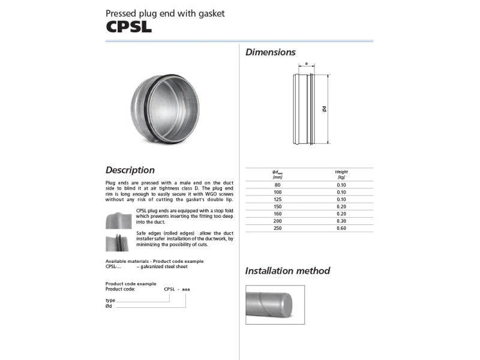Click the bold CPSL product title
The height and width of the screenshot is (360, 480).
pos(128,27)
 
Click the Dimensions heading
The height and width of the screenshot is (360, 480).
pos(270,52)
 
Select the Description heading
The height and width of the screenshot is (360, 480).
pos(130,170)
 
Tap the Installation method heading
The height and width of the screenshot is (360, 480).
pos(287,271)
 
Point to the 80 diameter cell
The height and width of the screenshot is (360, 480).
pos(277,185)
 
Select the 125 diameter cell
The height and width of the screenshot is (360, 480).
pos(277,199)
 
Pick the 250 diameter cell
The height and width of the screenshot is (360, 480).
pos(277,228)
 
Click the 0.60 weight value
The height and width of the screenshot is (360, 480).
pos(341,228)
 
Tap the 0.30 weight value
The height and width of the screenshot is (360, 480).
pos(341,221)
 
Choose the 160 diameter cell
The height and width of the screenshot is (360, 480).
pos(277,214)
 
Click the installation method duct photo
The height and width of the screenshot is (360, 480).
pos(275,304)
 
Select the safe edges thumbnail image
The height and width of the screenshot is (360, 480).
pos(119,242)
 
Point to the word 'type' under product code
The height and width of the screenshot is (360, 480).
pos(110,299)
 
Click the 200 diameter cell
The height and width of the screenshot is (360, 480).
pos(277,221)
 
